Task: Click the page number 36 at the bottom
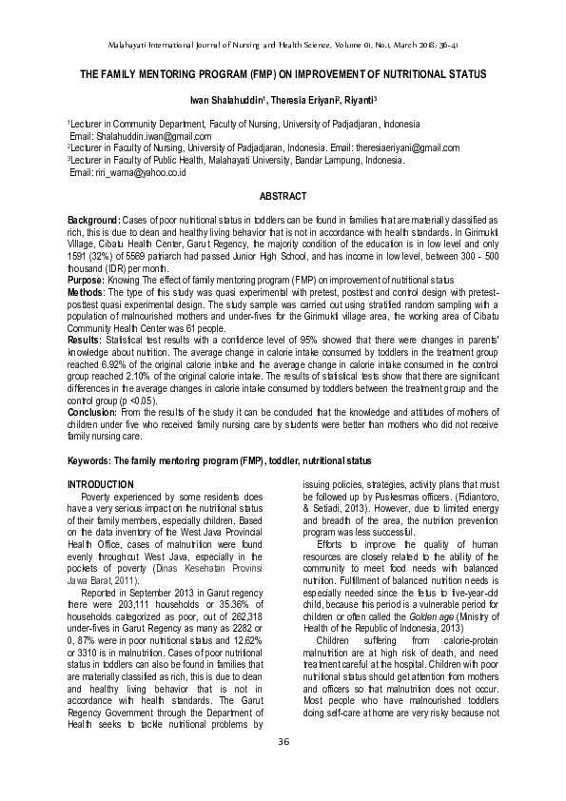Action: pos(283,768)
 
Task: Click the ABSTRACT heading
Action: pos(283,197)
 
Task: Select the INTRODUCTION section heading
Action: pos(101,485)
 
